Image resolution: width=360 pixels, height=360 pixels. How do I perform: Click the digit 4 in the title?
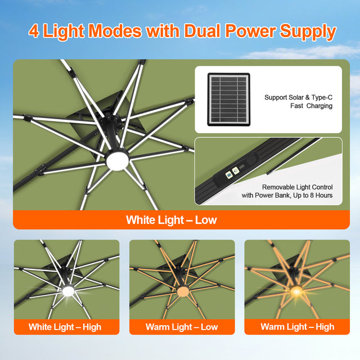[x=34, y=31]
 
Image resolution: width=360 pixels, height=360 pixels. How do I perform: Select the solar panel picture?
[x=227, y=100]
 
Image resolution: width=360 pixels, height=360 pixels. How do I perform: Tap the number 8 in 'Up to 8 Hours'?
[x=309, y=195]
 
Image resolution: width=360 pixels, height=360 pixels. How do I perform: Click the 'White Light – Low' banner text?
[x=172, y=219]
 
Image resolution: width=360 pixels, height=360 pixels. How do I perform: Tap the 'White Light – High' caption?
[x=65, y=327]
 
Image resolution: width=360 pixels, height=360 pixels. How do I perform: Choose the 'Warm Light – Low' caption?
[x=182, y=327]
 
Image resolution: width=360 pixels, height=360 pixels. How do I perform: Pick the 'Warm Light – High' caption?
[x=297, y=327]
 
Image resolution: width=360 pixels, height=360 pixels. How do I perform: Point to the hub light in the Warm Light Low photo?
[x=183, y=292]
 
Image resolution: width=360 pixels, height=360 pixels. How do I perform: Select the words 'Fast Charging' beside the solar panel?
[x=311, y=106]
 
